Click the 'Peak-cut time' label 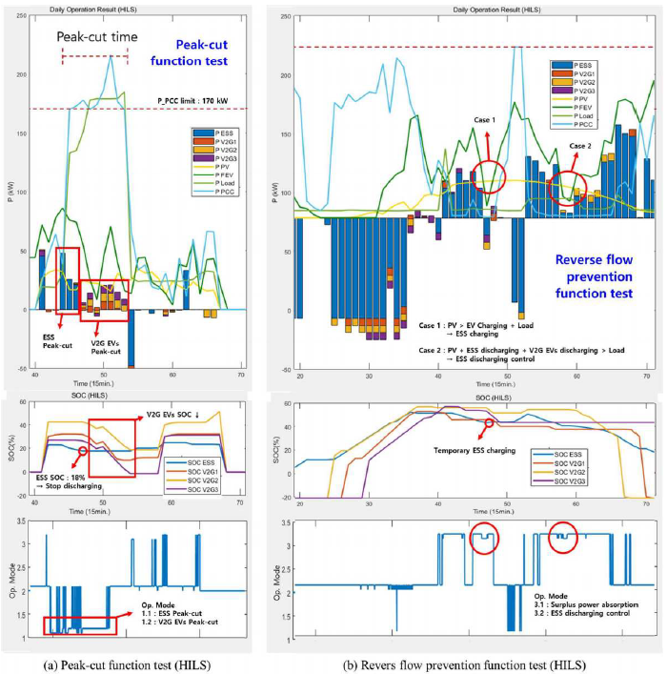coord(97,37)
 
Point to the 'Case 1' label coord(483,119)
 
